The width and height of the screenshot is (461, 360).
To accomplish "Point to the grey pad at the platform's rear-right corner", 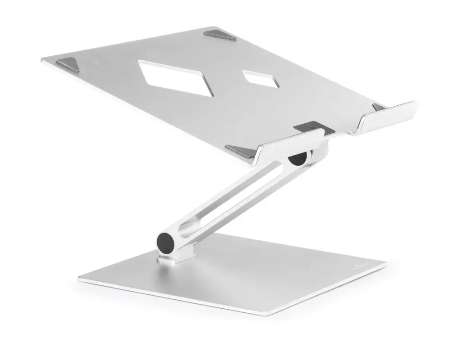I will pos(220,35).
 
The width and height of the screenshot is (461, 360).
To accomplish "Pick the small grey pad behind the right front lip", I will pos(379,108).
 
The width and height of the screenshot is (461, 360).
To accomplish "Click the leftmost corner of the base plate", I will pos(80,279).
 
